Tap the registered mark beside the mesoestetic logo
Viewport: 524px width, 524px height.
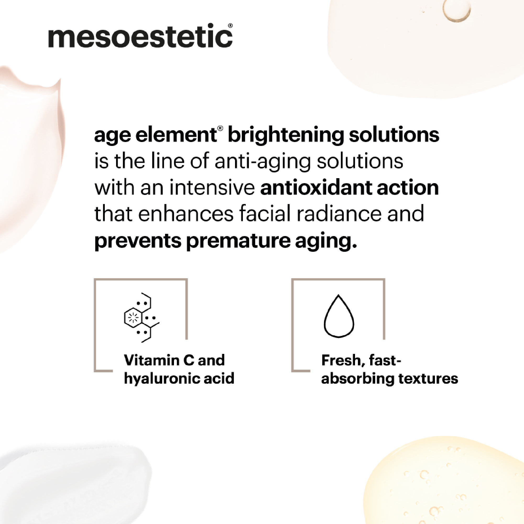(230, 25)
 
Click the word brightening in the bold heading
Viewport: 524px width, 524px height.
(286, 136)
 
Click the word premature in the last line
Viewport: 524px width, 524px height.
(238, 241)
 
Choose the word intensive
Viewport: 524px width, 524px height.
(212, 188)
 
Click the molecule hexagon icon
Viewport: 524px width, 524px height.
(141, 318)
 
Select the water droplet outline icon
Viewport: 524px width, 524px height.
(339, 316)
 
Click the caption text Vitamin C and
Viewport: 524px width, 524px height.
(174, 360)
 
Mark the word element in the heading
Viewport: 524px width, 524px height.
(176, 135)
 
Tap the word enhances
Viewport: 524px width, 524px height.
(186, 214)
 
